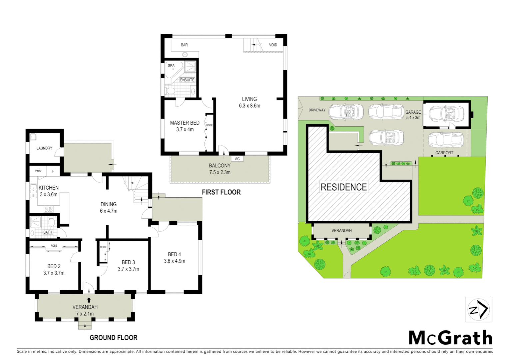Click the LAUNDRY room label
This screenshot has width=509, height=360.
tap(44, 148)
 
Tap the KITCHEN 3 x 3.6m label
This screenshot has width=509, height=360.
tap(49, 191)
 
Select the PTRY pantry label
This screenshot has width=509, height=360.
tap(38, 171)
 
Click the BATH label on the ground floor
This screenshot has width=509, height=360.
tap(48, 232)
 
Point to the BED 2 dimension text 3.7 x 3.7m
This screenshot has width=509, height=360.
tap(54, 273)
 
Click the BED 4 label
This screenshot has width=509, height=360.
tap(175, 254)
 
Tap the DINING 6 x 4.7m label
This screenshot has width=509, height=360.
tap(109, 207)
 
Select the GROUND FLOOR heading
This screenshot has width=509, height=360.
tap(113, 338)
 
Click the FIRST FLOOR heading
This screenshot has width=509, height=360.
tap(221, 192)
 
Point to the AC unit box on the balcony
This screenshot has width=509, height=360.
tap(237, 159)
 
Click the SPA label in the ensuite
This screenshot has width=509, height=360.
tap(171, 66)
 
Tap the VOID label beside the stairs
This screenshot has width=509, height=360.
tap(273, 45)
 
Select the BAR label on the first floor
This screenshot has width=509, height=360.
tap(184, 45)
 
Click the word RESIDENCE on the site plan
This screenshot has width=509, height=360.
tap(344, 187)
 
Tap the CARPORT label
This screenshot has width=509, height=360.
tap(444, 153)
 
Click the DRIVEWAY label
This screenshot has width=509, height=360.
tap(317, 110)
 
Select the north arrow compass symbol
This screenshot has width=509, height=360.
tap(479, 310)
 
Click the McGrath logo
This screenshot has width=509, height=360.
tap(450, 338)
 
